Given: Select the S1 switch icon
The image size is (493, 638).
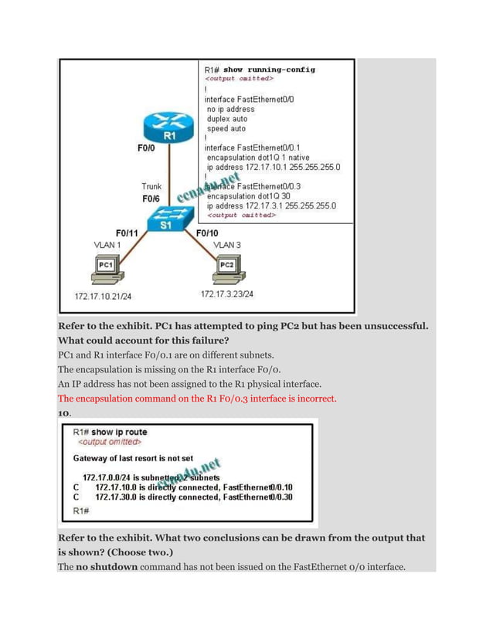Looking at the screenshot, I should click(x=166, y=221).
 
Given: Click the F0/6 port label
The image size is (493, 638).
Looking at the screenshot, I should click(x=151, y=199).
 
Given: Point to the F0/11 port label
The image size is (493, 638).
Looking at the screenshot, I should click(x=127, y=232).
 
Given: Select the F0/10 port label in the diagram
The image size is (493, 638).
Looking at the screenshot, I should click(x=207, y=232).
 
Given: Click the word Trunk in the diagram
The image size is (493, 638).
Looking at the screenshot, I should click(x=151, y=186).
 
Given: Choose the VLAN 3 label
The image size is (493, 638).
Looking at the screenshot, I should click(x=227, y=244).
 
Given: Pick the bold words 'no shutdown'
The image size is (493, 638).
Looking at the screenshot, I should click(x=110, y=567).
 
